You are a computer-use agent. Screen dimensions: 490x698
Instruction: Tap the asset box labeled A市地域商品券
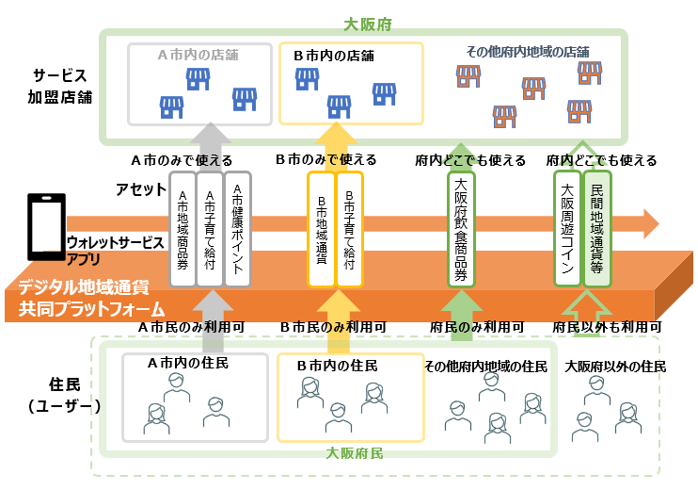click(182, 228)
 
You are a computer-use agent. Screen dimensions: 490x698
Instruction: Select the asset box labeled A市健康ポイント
click(238, 228)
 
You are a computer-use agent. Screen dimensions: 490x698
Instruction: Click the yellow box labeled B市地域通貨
click(321, 228)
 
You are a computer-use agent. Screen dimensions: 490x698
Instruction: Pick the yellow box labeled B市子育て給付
click(349, 228)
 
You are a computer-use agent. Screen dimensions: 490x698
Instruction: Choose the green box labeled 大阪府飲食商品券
click(461, 228)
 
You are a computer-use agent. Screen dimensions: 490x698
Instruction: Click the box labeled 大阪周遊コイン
click(567, 228)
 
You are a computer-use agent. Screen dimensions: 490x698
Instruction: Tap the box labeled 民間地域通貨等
click(596, 228)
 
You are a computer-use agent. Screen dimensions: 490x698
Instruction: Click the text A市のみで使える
click(182, 160)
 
